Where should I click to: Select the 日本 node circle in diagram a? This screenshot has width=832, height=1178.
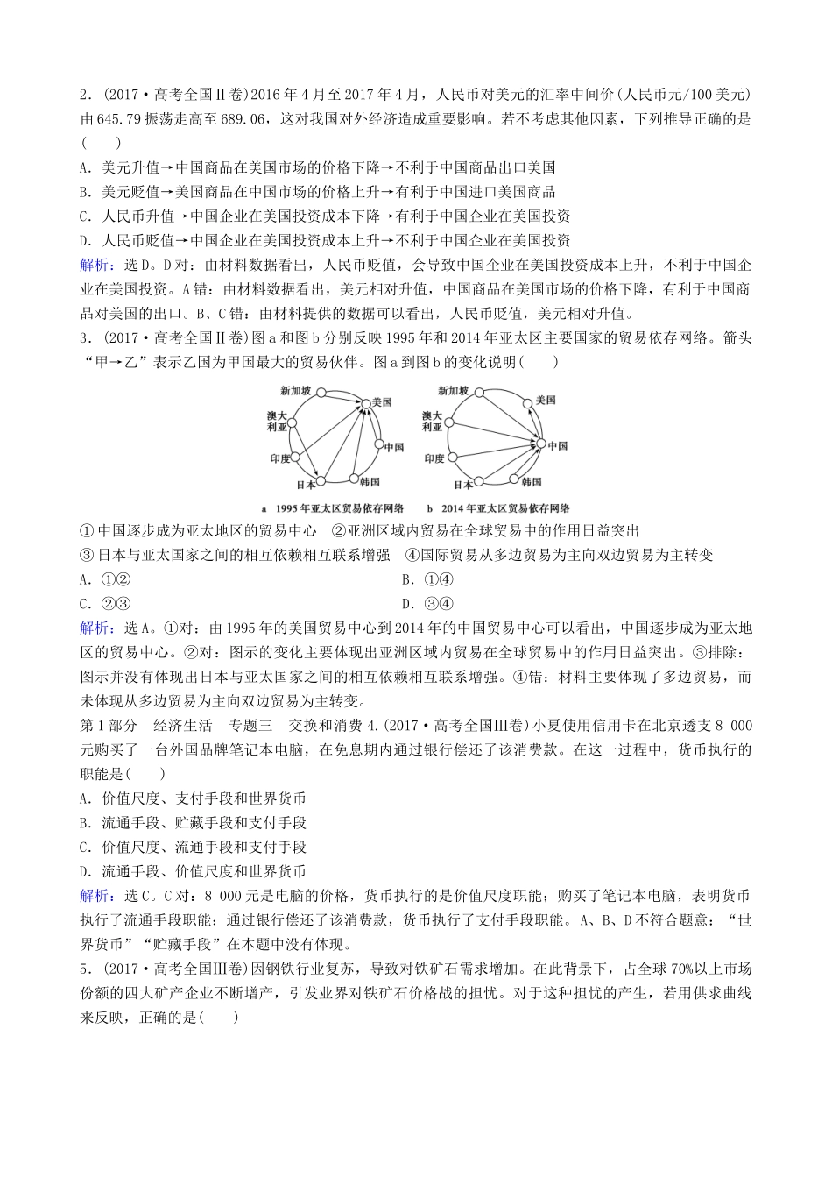321,480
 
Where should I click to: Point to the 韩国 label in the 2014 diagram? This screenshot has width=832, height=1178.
531,481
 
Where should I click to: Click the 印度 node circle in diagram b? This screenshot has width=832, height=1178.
453,457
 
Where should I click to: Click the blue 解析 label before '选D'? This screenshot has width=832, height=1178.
96,265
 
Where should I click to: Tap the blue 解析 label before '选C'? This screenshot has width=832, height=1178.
96,896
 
